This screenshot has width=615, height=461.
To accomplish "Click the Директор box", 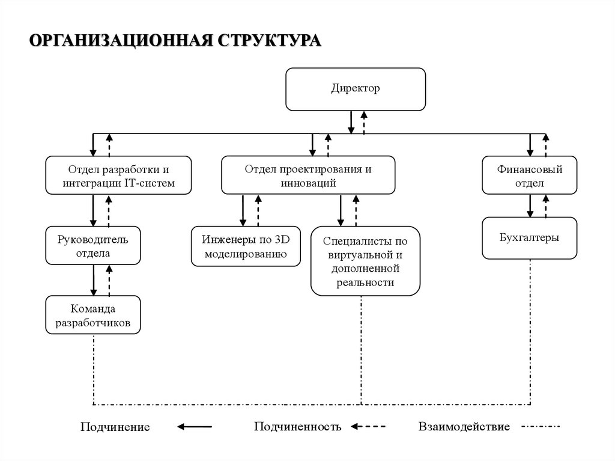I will (x=356, y=89).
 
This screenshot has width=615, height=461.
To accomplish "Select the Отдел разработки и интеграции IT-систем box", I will (x=119, y=176).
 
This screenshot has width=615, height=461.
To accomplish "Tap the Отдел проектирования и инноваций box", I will (x=308, y=176).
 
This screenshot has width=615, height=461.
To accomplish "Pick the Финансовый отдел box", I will (x=529, y=176).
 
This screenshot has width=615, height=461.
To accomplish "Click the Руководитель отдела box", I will (x=93, y=245).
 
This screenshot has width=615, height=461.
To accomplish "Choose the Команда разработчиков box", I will (x=93, y=315).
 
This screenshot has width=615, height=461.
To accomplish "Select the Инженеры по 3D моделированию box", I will (x=247, y=246).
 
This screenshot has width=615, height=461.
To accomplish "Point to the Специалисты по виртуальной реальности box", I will (x=365, y=261).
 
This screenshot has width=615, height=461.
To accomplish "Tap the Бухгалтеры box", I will (x=529, y=238).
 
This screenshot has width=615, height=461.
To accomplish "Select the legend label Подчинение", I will (x=115, y=427).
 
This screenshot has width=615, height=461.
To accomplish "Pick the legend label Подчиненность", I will (x=297, y=427).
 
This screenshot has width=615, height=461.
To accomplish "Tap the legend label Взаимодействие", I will (x=464, y=427).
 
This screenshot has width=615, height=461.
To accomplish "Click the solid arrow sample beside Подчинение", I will (x=195, y=427).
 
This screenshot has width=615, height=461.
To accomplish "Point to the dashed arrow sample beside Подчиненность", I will (x=368, y=427).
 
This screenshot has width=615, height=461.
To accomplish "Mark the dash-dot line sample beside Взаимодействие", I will (x=540, y=427).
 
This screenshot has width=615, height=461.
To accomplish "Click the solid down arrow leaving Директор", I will (x=351, y=122).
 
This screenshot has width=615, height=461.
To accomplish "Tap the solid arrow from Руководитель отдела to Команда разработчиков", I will (x=94, y=280).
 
